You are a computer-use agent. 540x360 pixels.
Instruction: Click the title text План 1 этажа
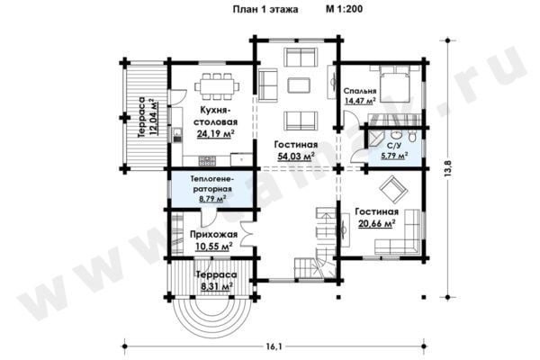(265, 9)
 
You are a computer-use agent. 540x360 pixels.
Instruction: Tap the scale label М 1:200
(344, 9)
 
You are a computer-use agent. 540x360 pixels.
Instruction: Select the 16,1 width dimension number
(274, 346)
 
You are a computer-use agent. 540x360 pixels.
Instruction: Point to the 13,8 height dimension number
(447, 169)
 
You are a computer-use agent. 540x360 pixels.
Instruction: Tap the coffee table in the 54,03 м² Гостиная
(299, 85)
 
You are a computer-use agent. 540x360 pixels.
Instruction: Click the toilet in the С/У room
(412, 136)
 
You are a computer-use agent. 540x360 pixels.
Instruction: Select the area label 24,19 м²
(216, 134)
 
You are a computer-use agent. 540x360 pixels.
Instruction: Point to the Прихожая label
(213, 234)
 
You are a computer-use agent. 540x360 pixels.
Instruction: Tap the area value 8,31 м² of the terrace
(215, 286)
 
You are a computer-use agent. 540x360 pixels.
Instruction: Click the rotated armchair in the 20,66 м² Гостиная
(393, 189)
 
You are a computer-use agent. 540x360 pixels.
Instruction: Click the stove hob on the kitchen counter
(207, 160)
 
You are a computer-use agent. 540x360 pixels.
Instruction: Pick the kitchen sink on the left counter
(177, 135)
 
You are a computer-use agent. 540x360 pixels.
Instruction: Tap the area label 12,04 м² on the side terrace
(153, 117)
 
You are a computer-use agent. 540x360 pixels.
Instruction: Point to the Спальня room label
(360, 91)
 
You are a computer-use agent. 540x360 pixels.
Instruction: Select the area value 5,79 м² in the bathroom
(395, 156)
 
